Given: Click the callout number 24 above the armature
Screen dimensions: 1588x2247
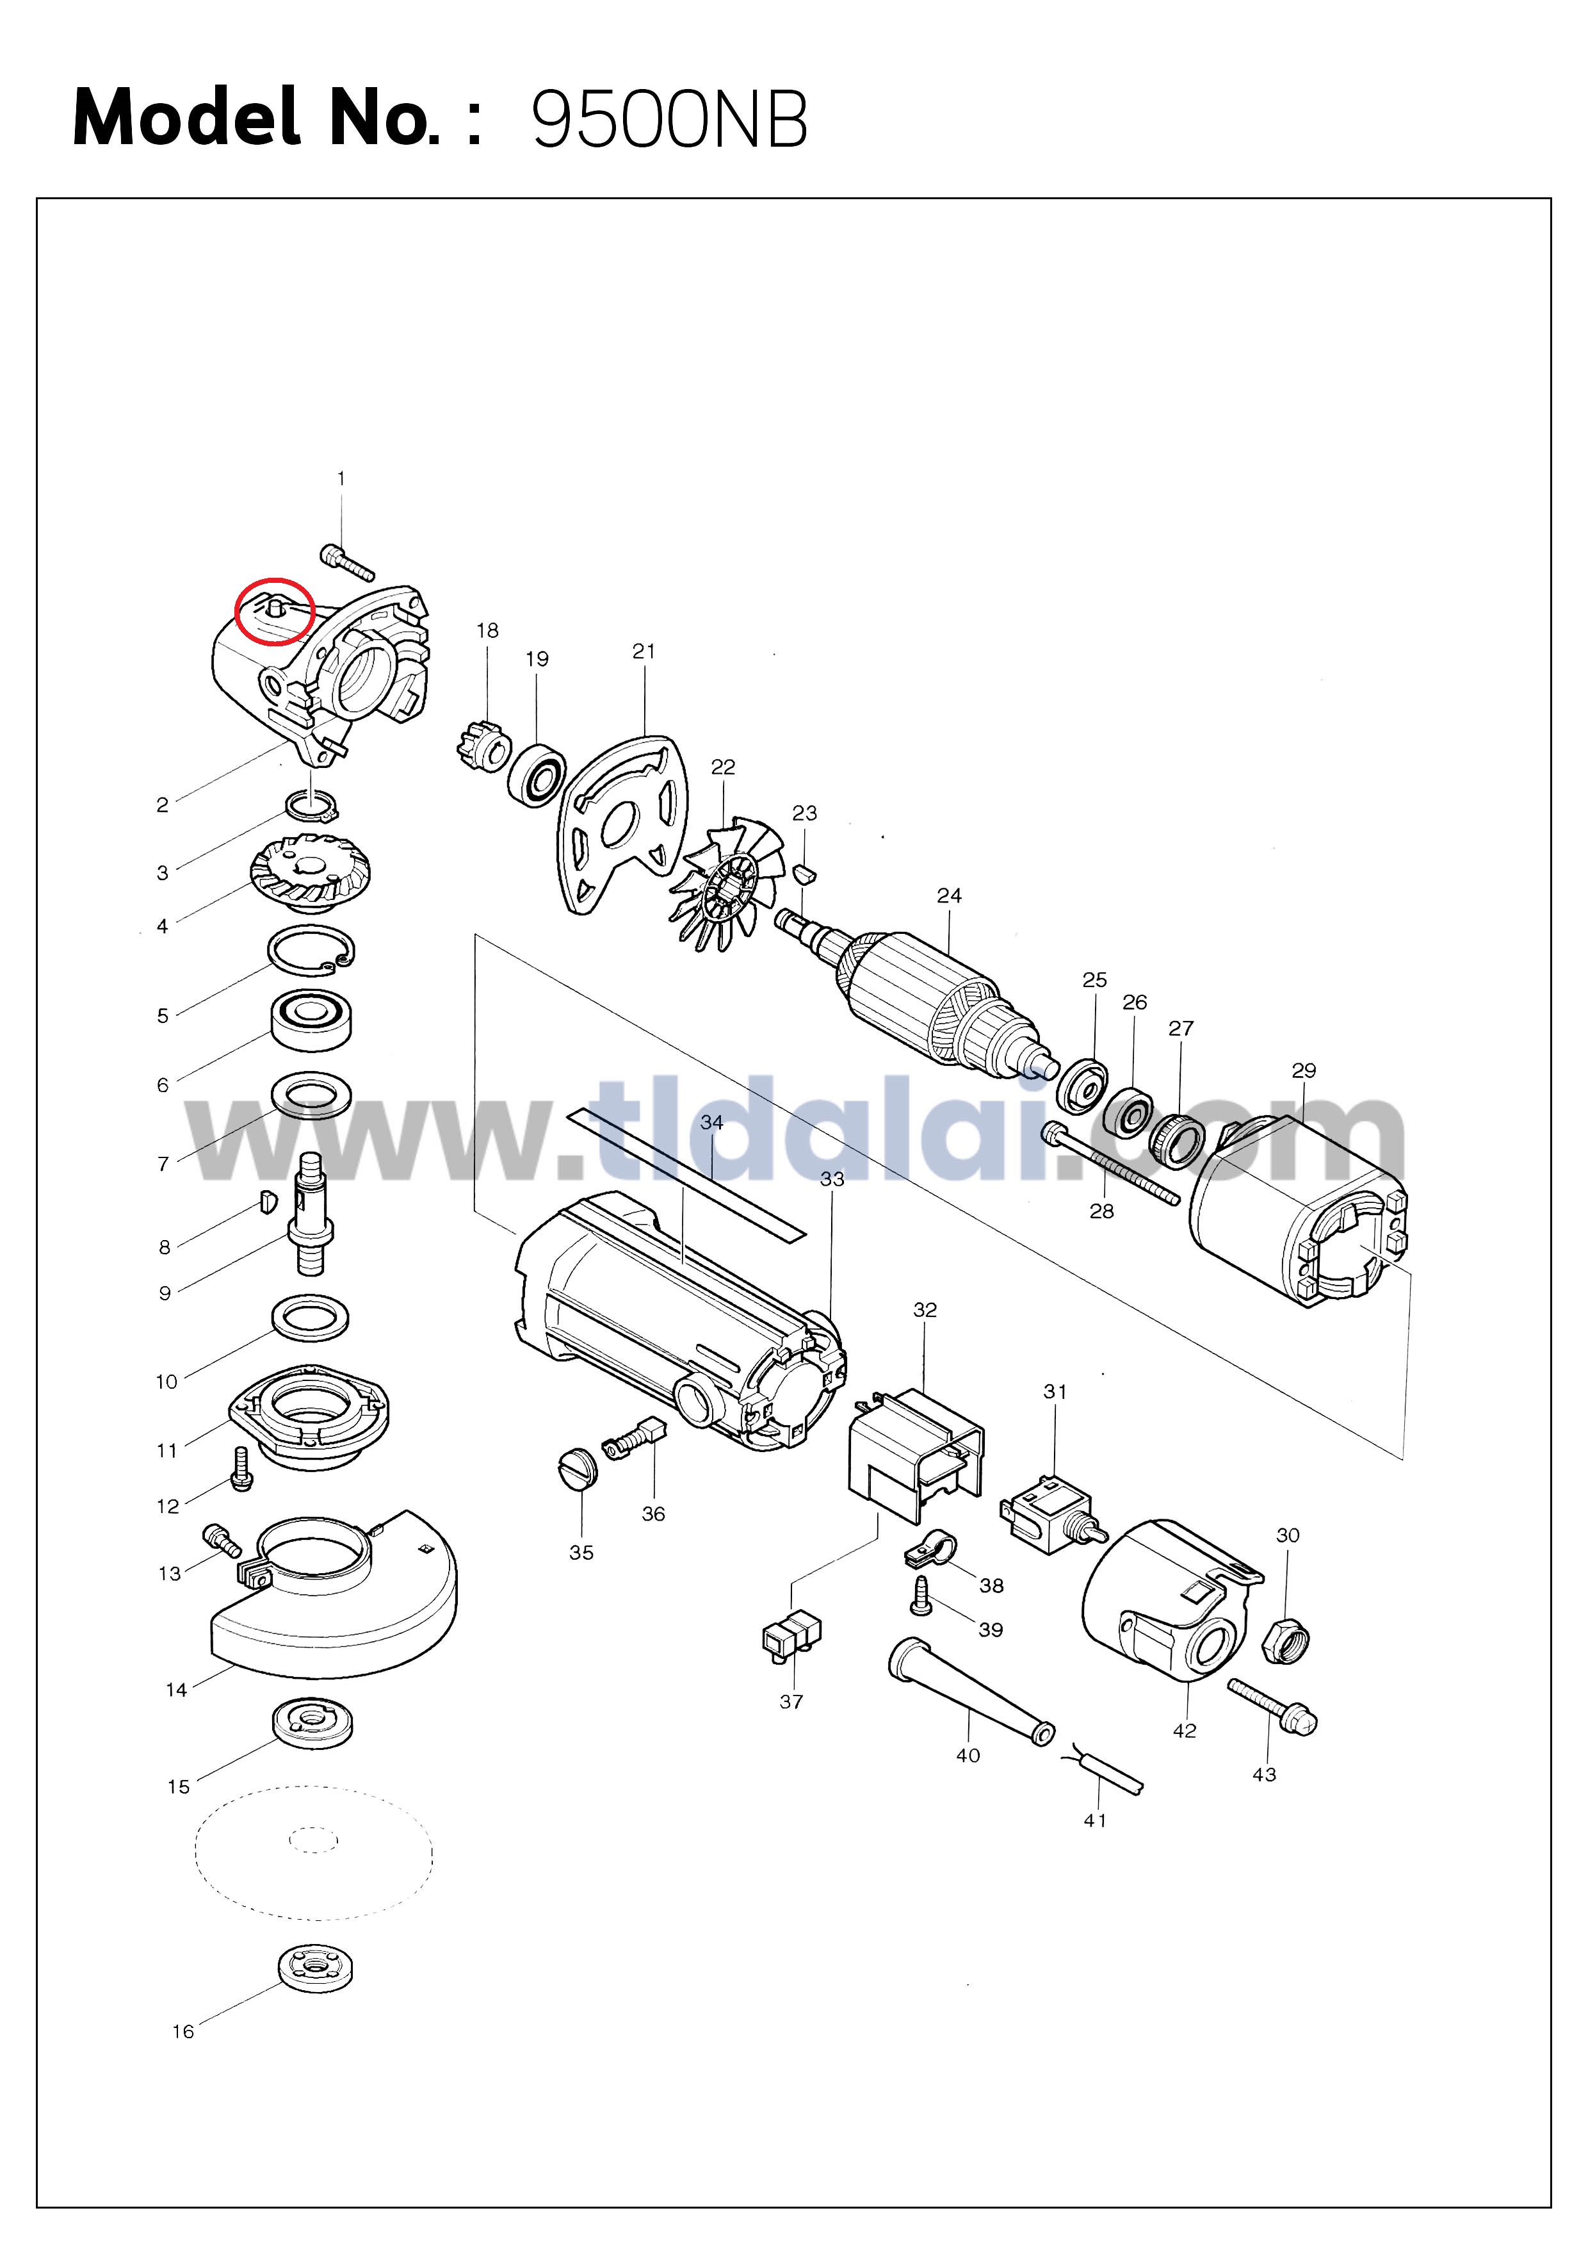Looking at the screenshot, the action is click(949, 895).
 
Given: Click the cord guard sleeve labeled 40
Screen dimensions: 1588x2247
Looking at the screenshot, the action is click(969, 1692).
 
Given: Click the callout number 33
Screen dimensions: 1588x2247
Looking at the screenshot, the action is click(832, 1179).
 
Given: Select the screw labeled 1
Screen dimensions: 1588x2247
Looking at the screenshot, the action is click(347, 563).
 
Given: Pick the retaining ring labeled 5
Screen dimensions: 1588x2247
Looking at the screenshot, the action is click(312, 951).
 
